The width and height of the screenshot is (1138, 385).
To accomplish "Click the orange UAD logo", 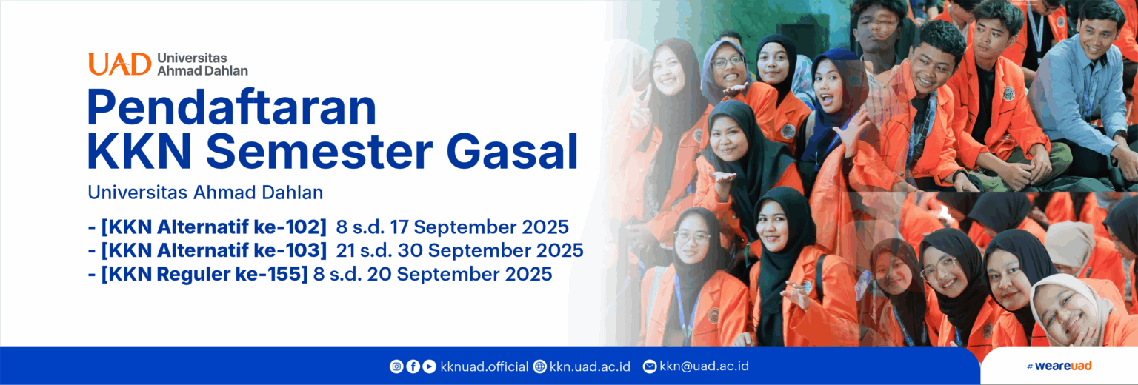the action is pyautogui.click(x=120, y=64).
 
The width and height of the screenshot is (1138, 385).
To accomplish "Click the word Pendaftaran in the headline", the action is pyautogui.click(x=232, y=107).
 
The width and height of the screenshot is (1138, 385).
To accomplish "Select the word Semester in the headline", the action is pyautogui.click(x=319, y=151).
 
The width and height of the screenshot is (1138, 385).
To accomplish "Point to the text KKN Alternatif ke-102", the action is pyautogui.click(x=213, y=227).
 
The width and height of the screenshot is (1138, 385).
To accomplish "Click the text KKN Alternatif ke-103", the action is pyautogui.click(x=213, y=250).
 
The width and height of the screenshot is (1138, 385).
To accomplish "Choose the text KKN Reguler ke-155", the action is pyautogui.click(x=204, y=274).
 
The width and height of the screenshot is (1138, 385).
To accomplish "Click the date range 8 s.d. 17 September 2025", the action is pyautogui.click(x=452, y=227).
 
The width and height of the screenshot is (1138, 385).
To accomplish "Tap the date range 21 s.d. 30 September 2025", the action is pyautogui.click(x=459, y=250).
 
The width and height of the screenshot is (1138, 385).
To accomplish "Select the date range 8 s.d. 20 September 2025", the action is pyautogui.click(x=433, y=274).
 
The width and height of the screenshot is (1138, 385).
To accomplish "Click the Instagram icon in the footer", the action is pyautogui.click(x=396, y=366).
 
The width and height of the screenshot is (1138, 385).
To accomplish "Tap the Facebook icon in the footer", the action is pyautogui.click(x=413, y=366).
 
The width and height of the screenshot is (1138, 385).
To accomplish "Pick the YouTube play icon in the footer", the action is pyautogui.click(x=429, y=366).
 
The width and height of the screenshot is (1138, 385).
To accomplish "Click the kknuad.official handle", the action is pyautogui.click(x=484, y=366).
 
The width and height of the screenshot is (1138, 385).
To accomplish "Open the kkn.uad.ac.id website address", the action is pyautogui.click(x=590, y=366).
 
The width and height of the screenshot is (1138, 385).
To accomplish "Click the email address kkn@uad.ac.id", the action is pyautogui.click(x=704, y=366).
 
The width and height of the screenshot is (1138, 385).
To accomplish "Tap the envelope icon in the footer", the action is pyautogui.click(x=650, y=366).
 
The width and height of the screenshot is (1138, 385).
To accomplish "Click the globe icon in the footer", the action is pyautogui.click(x=539, y=366).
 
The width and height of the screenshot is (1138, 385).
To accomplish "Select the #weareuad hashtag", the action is pyautogui.click(x=1059, y=366).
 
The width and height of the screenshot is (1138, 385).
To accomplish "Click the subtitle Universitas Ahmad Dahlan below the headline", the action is pyautogui.click(x=205, y=192).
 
